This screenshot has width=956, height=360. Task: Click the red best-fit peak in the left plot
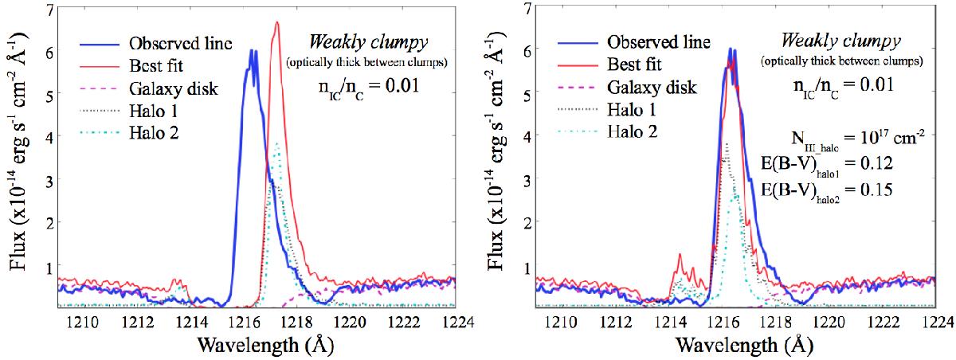click(276, 23)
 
